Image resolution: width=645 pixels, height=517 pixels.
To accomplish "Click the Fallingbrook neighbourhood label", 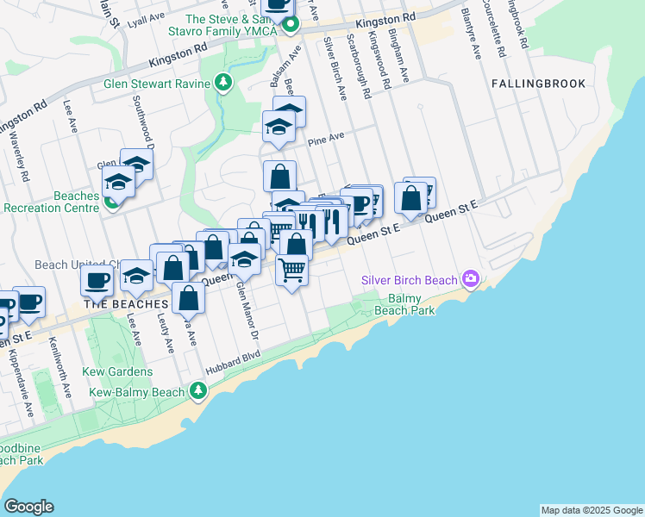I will point(539,84).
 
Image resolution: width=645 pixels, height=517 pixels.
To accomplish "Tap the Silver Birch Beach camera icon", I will point(471,278).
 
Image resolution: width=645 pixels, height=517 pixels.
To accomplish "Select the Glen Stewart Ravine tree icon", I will point(224,83).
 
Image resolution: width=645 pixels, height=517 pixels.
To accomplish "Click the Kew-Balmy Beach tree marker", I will point(198,392).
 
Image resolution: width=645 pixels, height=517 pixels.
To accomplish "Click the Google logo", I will point(28,507).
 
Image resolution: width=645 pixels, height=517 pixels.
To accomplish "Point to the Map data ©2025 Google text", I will point(591,510).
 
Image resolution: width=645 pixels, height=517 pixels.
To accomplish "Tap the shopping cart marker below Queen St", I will point(292,271).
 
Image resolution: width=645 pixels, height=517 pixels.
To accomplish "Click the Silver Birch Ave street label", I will point(335,70).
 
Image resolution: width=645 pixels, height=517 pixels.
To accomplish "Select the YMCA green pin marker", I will point(291,24).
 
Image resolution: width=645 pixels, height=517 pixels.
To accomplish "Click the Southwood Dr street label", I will point(141,122).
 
